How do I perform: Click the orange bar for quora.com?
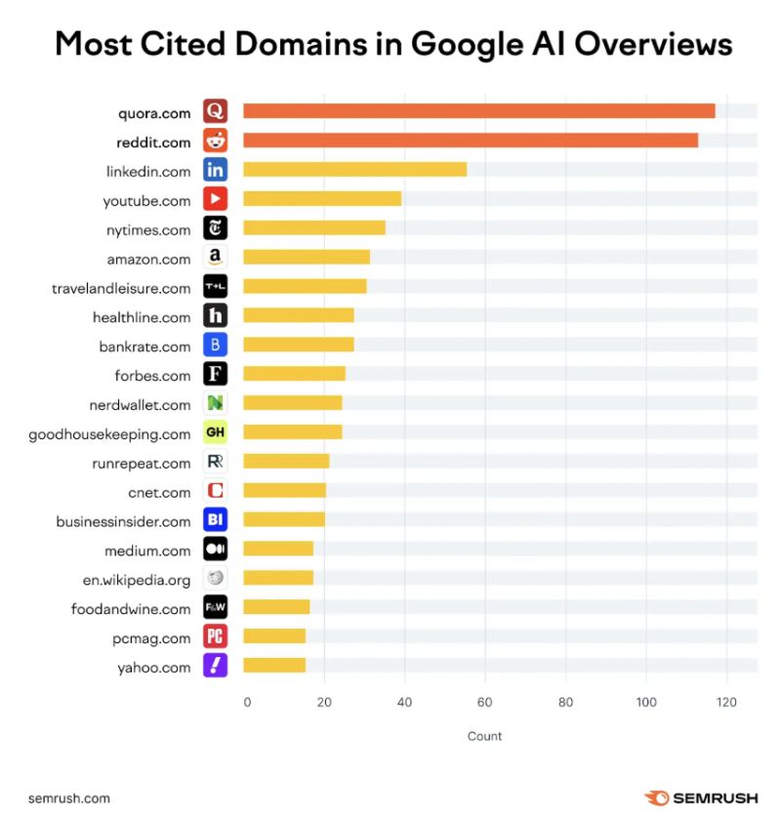pyautogui.click(x=478, y=111)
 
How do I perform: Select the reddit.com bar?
pyautogui.click(x=470, y=141)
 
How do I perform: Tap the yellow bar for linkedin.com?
pyautogui.click(x=354, y=170)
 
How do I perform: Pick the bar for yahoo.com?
pyautogui.click(x=274, y=666)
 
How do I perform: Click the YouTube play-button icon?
pyautogui.click(x=215, y=199)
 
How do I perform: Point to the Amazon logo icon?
pyautogui.click(x=215, y=258)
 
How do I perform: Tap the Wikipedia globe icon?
pyautogui.click(x=215, y=579)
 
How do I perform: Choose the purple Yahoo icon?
pyautogui.click(x=215, y=666)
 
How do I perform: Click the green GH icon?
pyautogui.click(x=215, y=432)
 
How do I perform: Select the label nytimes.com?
pyautogui.click(x=148, y=229)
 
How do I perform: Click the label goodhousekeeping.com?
pyautogui.click(x=109, y=433)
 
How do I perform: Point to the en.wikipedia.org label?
pyautogui.click(x=137, y=580)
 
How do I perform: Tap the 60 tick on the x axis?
pyautogui.click(x=484, y=701)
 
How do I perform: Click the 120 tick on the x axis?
pyautogui.click(x=725, y=701)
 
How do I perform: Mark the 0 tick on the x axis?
pyautogui.click(x=246, y=701)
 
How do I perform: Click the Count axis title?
pyautogui.click(x=484, y=736)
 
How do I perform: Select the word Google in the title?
pyautogui.click(x=478, y=45)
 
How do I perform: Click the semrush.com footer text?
pyautogui.click(x=69, y=798)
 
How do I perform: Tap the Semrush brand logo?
pyautogui.click(x=700, y=798)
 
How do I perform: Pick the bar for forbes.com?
pyautogui.click(x=294, y=374)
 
